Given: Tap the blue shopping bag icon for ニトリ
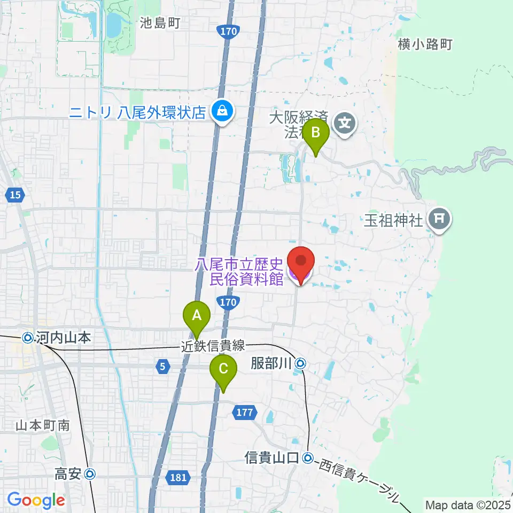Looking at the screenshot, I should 220,112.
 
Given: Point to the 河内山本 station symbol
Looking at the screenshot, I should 28,338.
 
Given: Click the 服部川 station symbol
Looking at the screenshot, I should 301,364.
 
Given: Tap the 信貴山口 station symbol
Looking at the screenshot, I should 308,458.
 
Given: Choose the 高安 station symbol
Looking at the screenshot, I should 90,473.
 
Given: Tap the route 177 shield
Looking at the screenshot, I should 245,411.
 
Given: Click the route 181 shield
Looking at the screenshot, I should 177,477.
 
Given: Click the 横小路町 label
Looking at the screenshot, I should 425,44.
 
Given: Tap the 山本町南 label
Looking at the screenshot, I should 43,425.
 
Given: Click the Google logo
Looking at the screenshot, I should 36,501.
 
